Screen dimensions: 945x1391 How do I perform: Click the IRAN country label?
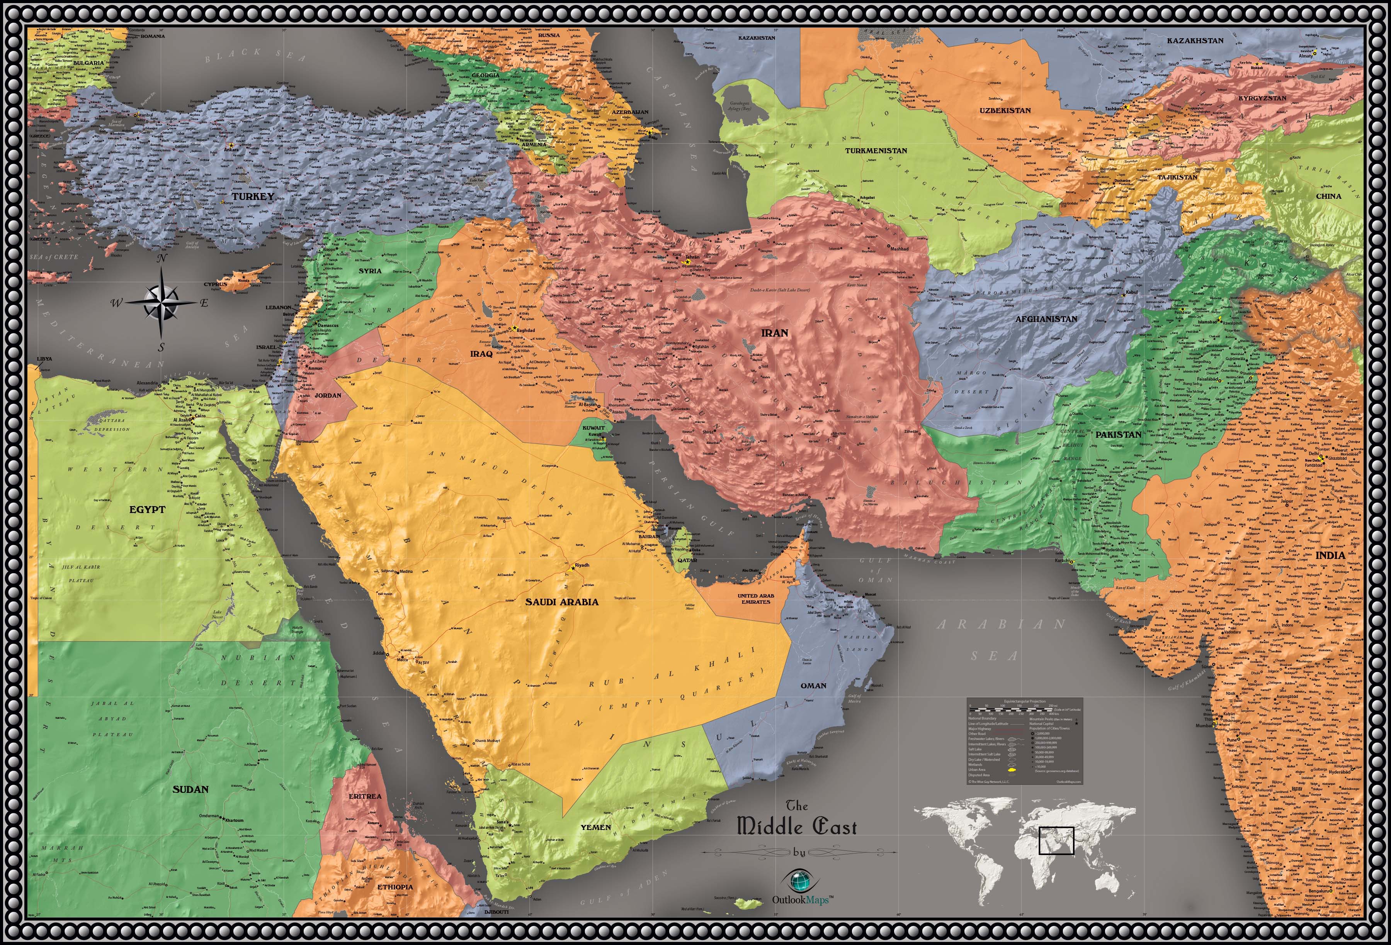tap(774, 332)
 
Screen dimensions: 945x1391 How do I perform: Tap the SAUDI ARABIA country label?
tap(561, 602)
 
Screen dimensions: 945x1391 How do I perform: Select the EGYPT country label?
tap(147, 510)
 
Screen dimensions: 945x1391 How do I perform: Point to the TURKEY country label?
tap(253, 196)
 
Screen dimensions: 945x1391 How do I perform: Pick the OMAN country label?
tap(813, 686)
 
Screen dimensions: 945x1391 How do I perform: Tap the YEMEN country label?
tap(595, 827)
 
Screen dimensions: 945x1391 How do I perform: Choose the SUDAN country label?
tap(190, 789)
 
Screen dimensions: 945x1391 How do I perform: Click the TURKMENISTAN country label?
tap(876, 151)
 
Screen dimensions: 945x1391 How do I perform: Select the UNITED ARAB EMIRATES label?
tap(755, 599)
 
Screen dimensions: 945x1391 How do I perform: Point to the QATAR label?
tap(687, 561)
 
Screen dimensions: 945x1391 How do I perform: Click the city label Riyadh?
tap(582, 565)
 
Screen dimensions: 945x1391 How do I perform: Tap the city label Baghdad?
tap(525, 330)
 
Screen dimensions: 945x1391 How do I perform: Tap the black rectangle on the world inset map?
tap(1056, 840)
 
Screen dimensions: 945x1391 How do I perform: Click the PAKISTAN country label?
tap(1118, 434)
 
